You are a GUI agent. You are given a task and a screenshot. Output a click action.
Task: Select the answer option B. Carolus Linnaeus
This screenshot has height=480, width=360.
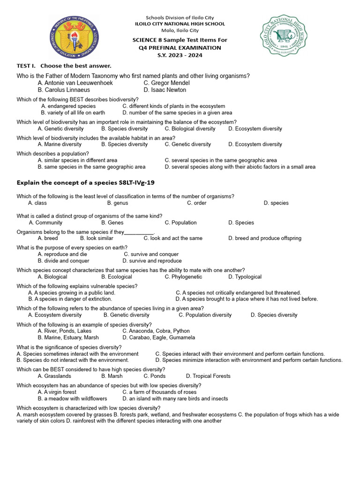(x=64, y=90)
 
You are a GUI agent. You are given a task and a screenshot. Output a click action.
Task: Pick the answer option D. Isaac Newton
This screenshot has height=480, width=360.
(x=165, y=90)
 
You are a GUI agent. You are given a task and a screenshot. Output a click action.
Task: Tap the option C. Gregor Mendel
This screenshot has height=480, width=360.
(x=166, y=83)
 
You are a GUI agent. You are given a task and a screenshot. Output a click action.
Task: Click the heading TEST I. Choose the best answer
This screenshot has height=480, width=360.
(x=64, y=66)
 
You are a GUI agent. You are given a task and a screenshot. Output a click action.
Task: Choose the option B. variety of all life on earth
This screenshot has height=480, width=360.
(x=73, y=112)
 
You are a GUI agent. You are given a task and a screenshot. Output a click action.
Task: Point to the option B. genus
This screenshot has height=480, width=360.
(x=117, y=203)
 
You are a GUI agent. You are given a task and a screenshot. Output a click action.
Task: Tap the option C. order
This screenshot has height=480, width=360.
(x=196, y=203)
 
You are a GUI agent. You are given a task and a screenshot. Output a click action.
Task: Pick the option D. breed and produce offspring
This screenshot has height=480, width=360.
(x=265, y=238)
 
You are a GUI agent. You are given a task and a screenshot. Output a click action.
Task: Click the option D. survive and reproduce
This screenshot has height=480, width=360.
(x=152, y=261)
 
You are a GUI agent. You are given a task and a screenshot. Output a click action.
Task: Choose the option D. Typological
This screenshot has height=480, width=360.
(x=245, y=277)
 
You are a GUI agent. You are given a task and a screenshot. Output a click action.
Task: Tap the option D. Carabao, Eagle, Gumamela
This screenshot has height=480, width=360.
(x=158, y=337)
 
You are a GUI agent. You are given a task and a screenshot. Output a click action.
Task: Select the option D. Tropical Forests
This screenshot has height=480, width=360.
(x=208, y=376)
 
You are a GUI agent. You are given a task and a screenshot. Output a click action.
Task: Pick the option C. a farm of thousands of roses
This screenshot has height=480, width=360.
(x=159, y=392)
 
